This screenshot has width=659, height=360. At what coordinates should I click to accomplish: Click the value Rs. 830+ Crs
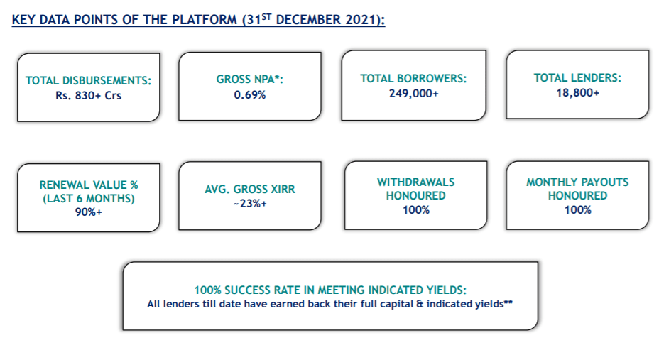pyautogui.click(x=88, y=96)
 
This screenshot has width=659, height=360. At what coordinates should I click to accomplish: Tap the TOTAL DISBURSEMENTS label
pyautogui.click(x=88, y=81)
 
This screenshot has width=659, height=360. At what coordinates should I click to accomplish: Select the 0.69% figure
pyautogui.click(x=250, y=95)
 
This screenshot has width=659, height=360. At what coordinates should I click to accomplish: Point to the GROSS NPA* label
pyautogui.click(x=250, y=80)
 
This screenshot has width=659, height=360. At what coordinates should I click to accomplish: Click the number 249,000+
pyautogui.click(x=413, y=94)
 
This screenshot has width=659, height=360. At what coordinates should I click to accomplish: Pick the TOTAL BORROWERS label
pyautogui.click(x=413, y=79)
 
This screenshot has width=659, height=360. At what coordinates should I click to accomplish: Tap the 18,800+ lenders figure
pyautogui.click(x=578, y=93)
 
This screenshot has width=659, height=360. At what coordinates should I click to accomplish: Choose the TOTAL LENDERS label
pyautogui.click(x=577, y=77)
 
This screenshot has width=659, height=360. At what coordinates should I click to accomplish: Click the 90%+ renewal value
pyautogui.click(x=89, y=212)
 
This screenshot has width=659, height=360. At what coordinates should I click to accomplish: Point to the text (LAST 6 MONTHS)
pyautogui.click(x=89, y=198)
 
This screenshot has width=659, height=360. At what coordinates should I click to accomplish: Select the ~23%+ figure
pyautogui.click(x=250, y=204)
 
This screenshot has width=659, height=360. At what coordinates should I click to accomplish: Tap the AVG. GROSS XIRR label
pyautogui.click(x=250, y=190)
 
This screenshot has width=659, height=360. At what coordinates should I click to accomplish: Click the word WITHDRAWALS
pyautogui.click(x=415, y=182)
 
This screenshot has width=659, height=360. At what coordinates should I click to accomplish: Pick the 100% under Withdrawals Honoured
pyautogui.click(x=416, y=210)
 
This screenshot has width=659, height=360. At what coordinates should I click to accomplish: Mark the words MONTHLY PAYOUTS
pyautogui.click(x=577, y=182)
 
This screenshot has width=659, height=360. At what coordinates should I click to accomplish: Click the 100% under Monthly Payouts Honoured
pyautogui.click(x=578, y=210)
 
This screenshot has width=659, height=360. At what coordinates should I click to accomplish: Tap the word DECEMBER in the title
pyautogui.click(x=308, y=20)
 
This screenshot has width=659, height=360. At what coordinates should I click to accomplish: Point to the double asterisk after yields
pyautogui.click(x=508, y=302)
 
